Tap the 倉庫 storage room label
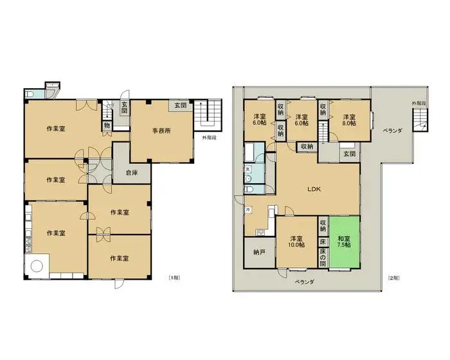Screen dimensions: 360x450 [131, 172]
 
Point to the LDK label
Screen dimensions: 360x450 [313, 189]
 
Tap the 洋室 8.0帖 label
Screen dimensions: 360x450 [349, 120]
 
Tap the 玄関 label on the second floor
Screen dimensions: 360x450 [349, 154]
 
